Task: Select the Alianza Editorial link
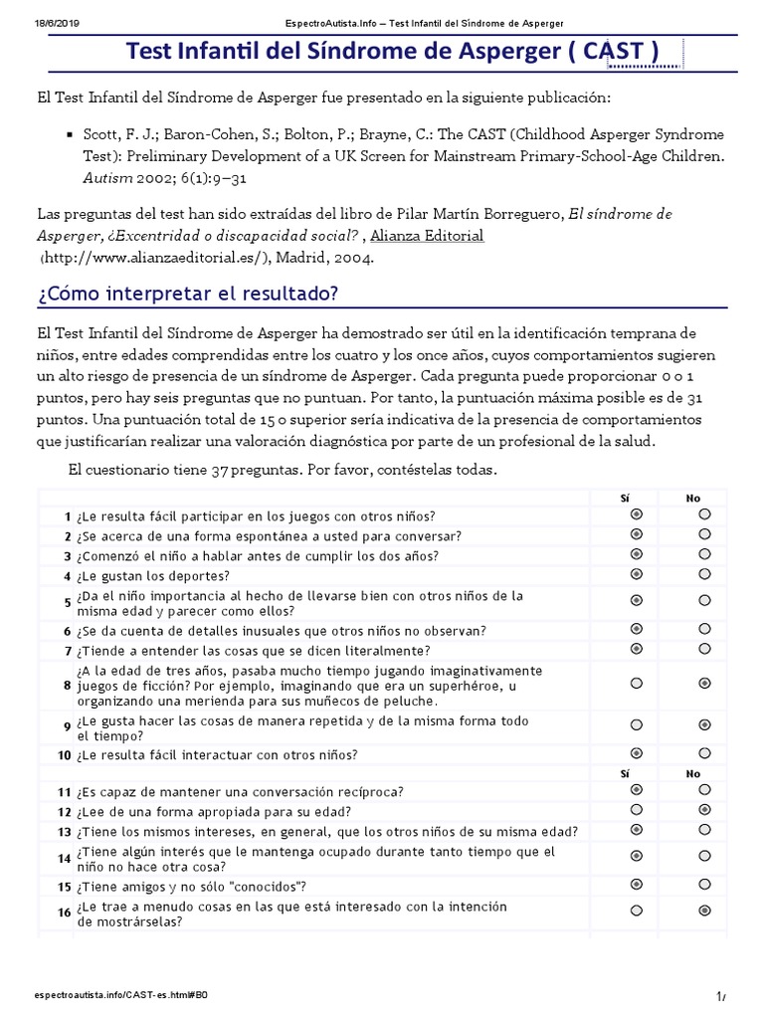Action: coord(427,236)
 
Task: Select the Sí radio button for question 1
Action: coord(637,514)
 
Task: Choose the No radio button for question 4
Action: coord(704,574)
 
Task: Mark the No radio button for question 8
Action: coord(704,684)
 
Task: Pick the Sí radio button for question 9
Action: coord(637,725)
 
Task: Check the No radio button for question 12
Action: coord(704,810)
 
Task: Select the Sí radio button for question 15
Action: coord(637,884)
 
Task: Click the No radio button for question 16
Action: coord(704,911)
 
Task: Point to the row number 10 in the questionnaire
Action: coord(64,755)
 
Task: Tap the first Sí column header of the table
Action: coord(625,497)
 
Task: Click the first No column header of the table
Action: coord(692,497)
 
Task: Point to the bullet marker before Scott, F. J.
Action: coord(69,134)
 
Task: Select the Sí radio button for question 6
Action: coord(637,629)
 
